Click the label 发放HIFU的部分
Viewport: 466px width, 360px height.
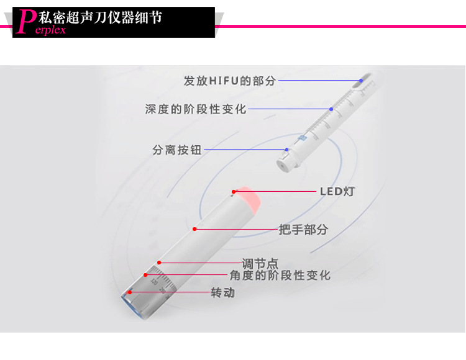[230, 81]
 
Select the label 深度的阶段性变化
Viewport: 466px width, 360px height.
[196, 109]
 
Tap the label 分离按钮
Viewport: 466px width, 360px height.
[177, 150]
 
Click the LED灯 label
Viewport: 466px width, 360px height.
[337, 191]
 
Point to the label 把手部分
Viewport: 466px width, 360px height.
[303, 230]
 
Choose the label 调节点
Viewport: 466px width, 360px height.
[260, 264]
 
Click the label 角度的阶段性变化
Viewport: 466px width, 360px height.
[280, 275]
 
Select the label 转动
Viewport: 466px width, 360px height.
[223, 292]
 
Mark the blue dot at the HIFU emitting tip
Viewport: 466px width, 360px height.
[361, 80]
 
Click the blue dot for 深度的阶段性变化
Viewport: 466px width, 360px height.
[331, 109]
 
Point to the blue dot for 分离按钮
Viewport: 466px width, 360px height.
[286, 150]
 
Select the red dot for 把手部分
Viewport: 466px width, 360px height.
[194, 229]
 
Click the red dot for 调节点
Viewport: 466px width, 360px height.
[159, 263]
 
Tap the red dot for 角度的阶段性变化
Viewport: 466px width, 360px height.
[146, 274]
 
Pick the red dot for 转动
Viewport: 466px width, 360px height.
[130, 292]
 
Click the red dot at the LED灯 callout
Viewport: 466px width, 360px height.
[234, 191]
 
